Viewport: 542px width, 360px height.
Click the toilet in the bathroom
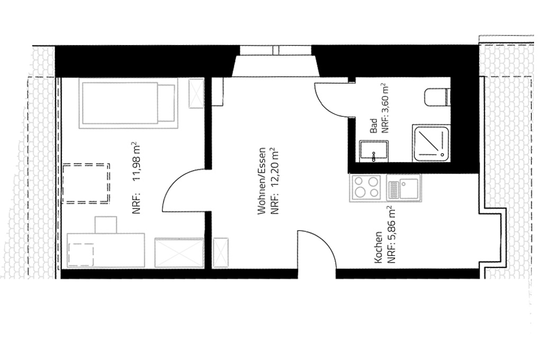(x=437, y=97)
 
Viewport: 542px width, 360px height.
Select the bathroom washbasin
(x=373, y=151)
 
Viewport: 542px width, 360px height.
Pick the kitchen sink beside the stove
(x=403, y=187)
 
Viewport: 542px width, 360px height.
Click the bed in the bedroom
(x=128, y=103)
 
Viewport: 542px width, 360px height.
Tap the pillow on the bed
(x=166, y=103)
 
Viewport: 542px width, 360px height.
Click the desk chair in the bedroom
(x=106, y=225)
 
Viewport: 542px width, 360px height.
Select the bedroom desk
(x=106, y=250)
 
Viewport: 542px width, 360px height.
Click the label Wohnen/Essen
(x=262, y=181)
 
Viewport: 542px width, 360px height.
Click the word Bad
(x=373, y=127)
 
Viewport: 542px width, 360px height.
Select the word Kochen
(x=378, y=247)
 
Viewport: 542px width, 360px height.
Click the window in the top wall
(x=275, y=50)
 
